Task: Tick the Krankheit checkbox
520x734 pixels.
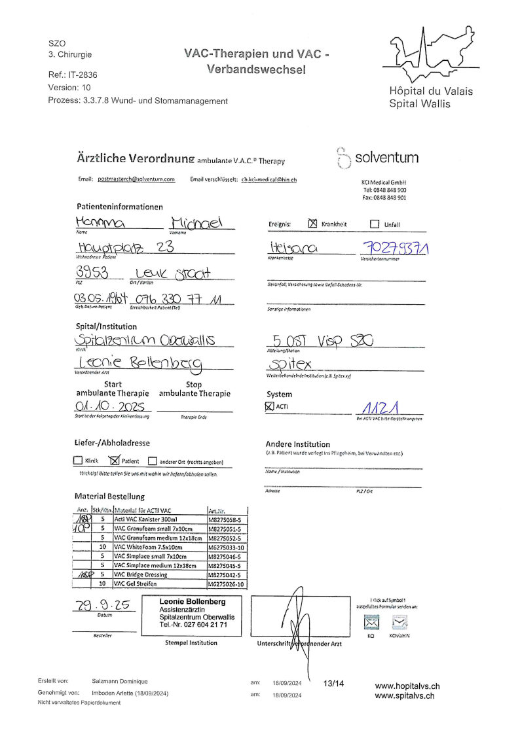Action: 312,224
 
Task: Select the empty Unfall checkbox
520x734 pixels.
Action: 375,224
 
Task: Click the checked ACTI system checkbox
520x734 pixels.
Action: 269,406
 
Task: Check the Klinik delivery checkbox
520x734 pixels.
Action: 79,461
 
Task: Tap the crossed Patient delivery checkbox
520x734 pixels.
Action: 115,460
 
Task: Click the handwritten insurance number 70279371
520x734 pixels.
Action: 391,248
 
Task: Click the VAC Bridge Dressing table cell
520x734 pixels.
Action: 140,574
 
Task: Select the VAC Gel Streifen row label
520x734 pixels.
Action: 138,584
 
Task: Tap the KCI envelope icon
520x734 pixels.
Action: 371,623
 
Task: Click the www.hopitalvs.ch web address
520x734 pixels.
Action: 407,686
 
